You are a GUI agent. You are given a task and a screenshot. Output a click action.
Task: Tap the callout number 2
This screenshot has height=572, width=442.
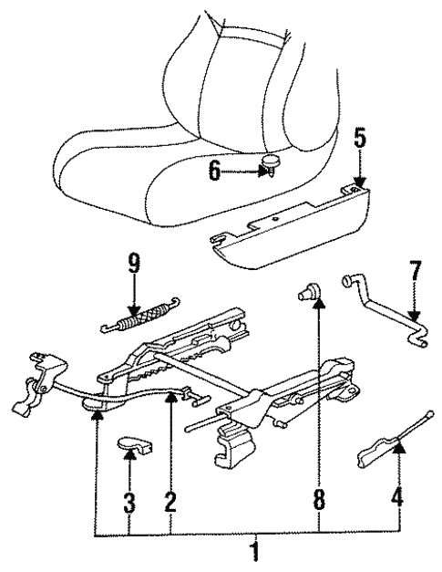pos(170,501)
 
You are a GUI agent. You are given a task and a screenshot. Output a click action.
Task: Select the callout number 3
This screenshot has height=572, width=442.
pos(130,501)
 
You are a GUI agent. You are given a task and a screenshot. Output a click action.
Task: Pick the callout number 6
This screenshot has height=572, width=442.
pos(215,171)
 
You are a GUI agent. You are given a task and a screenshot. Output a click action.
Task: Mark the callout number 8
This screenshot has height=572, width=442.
pos(318,501)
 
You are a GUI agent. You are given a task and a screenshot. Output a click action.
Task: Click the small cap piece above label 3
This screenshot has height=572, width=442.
pos(136,445)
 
